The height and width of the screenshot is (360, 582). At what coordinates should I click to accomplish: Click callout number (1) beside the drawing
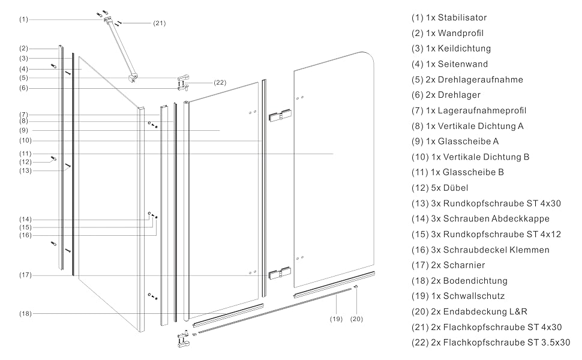pos(24,19)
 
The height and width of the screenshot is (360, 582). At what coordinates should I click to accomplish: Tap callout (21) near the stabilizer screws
pos(159,23)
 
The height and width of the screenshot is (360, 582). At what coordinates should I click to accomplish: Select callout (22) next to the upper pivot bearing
pos(220,82)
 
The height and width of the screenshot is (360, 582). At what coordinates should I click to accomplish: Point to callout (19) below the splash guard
pos(336,319)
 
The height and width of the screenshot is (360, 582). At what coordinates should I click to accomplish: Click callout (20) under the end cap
pos(356,319)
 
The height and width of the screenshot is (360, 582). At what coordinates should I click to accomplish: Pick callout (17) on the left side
pos(25,275)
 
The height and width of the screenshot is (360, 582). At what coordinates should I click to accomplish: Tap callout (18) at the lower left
pos(25,314)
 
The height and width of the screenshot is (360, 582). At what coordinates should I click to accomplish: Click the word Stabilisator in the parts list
pos(462,17)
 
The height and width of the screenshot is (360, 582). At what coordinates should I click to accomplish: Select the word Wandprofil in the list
pos(461,33)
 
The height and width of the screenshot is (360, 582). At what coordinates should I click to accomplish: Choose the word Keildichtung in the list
pos(464,48)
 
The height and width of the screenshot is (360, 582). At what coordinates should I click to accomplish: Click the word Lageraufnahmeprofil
pos(482,110)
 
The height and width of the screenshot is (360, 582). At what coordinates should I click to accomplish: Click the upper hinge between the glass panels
pos(280,115)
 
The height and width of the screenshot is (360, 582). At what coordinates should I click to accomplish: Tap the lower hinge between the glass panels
pos(280,273)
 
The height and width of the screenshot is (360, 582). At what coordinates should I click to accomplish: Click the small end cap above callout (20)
pos(356,287)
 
